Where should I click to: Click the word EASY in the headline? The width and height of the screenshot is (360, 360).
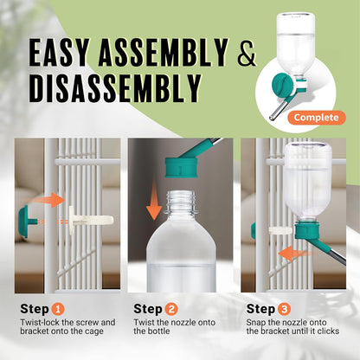(64, 55)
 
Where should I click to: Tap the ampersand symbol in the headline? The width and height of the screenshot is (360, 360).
(247, 55)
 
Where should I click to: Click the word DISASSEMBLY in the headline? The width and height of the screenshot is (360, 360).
(115, 89)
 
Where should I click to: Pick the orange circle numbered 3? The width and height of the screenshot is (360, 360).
(286, 307)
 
